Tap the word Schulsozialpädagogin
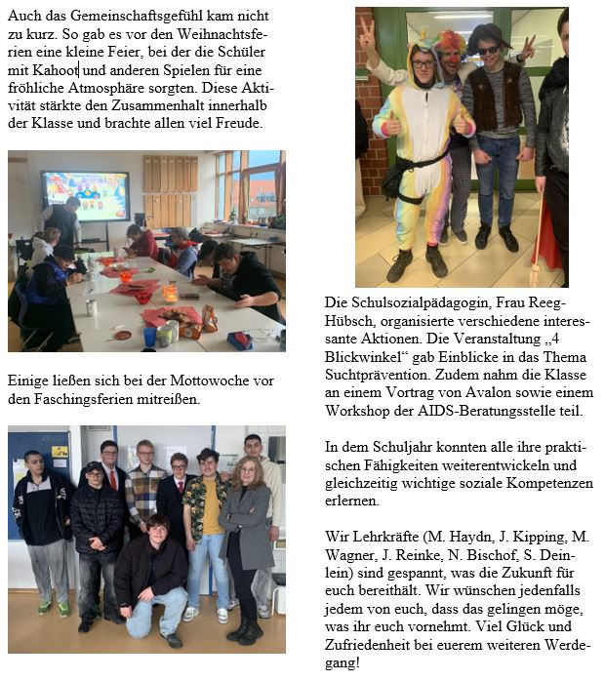pyautogui.click(x=400, y=303)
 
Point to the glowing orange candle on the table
pyautogui.click(x=170, y=292)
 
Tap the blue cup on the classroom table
pyautogui.click(x=149, y=335)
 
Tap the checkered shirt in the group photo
pyautogui.click(x=144, y=492)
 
